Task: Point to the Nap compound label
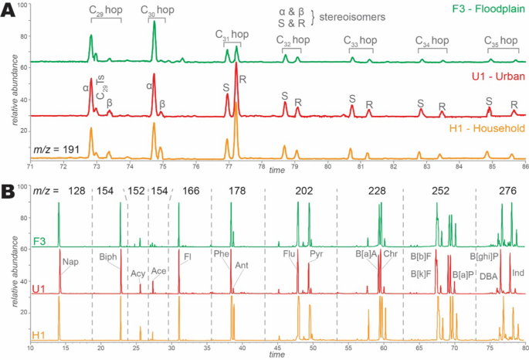70,262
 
